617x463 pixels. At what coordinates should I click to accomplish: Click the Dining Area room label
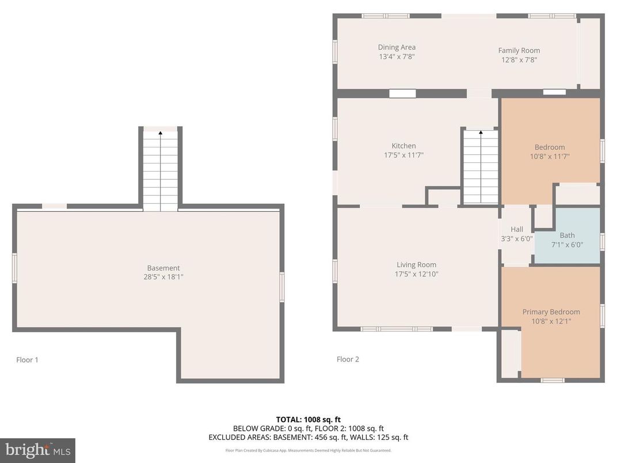tap(397, 47)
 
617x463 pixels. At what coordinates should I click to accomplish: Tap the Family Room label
tap(519, 51)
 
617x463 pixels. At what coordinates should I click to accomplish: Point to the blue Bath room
tap(567, 240)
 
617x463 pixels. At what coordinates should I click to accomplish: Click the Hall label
tap(517, 229)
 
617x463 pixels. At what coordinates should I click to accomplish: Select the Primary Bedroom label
tap(551, 312)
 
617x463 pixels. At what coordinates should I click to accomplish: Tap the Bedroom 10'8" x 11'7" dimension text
tap(550, 156)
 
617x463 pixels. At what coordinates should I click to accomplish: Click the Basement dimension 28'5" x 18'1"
tap(163, 277)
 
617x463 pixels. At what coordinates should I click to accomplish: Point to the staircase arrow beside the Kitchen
tap(480, 134)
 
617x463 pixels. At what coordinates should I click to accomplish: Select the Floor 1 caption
tap(27, 360)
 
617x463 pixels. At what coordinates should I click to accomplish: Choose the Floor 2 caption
tap(348, 359)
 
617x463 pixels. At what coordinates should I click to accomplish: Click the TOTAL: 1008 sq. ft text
tap(308, 420)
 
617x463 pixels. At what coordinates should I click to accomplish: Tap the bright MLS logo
tap(37, 450)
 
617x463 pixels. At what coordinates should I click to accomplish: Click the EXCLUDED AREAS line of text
tap(308, 438)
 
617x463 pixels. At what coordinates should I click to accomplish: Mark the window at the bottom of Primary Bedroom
tap(551, 380)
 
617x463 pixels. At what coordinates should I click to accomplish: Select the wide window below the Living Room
tap(396, 329)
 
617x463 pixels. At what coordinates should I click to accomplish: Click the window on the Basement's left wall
tap(14, 269)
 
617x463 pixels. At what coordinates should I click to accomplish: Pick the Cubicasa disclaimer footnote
tap(308, 450)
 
